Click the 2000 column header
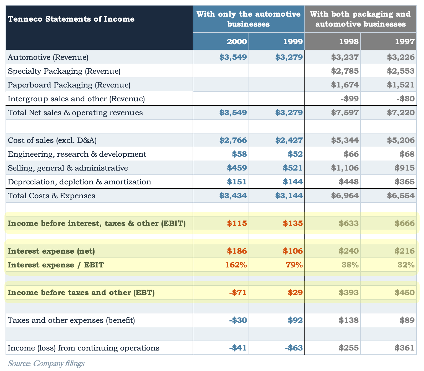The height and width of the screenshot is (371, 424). (x=237, y=42)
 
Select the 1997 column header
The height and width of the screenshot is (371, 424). (x=405, y=42)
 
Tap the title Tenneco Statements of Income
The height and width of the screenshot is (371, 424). (x=71, y=19)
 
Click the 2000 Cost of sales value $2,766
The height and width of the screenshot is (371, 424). (x=233, y=140)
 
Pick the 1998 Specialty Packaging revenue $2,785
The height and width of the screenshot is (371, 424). (x=345, y=71)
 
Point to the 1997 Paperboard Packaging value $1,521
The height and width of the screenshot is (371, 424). (x=401, y=85)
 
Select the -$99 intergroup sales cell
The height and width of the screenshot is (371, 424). (x=350, y=99)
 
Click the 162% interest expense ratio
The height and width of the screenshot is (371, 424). (x=236, y=265)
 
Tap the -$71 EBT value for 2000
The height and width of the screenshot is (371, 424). (x=238, y=292)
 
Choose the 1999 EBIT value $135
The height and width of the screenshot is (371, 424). (x=293, y=223)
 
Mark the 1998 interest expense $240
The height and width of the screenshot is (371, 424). (x=349, y=251)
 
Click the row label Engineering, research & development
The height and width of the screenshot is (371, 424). (x=77, y=154)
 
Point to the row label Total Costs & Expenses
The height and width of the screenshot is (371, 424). (x=51, y=196)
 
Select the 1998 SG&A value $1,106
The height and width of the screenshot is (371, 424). (x=345, y=168)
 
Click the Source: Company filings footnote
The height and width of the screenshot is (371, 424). (x=46, y=363)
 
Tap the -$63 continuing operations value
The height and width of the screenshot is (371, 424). (x=294, y=348)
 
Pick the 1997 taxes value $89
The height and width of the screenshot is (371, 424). (x=407, y=320)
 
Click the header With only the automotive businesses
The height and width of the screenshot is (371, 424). (x=249, y=19)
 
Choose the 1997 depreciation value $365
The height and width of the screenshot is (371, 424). (x=405, y=182)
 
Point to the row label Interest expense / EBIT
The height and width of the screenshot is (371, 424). (x=56, y=265)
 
